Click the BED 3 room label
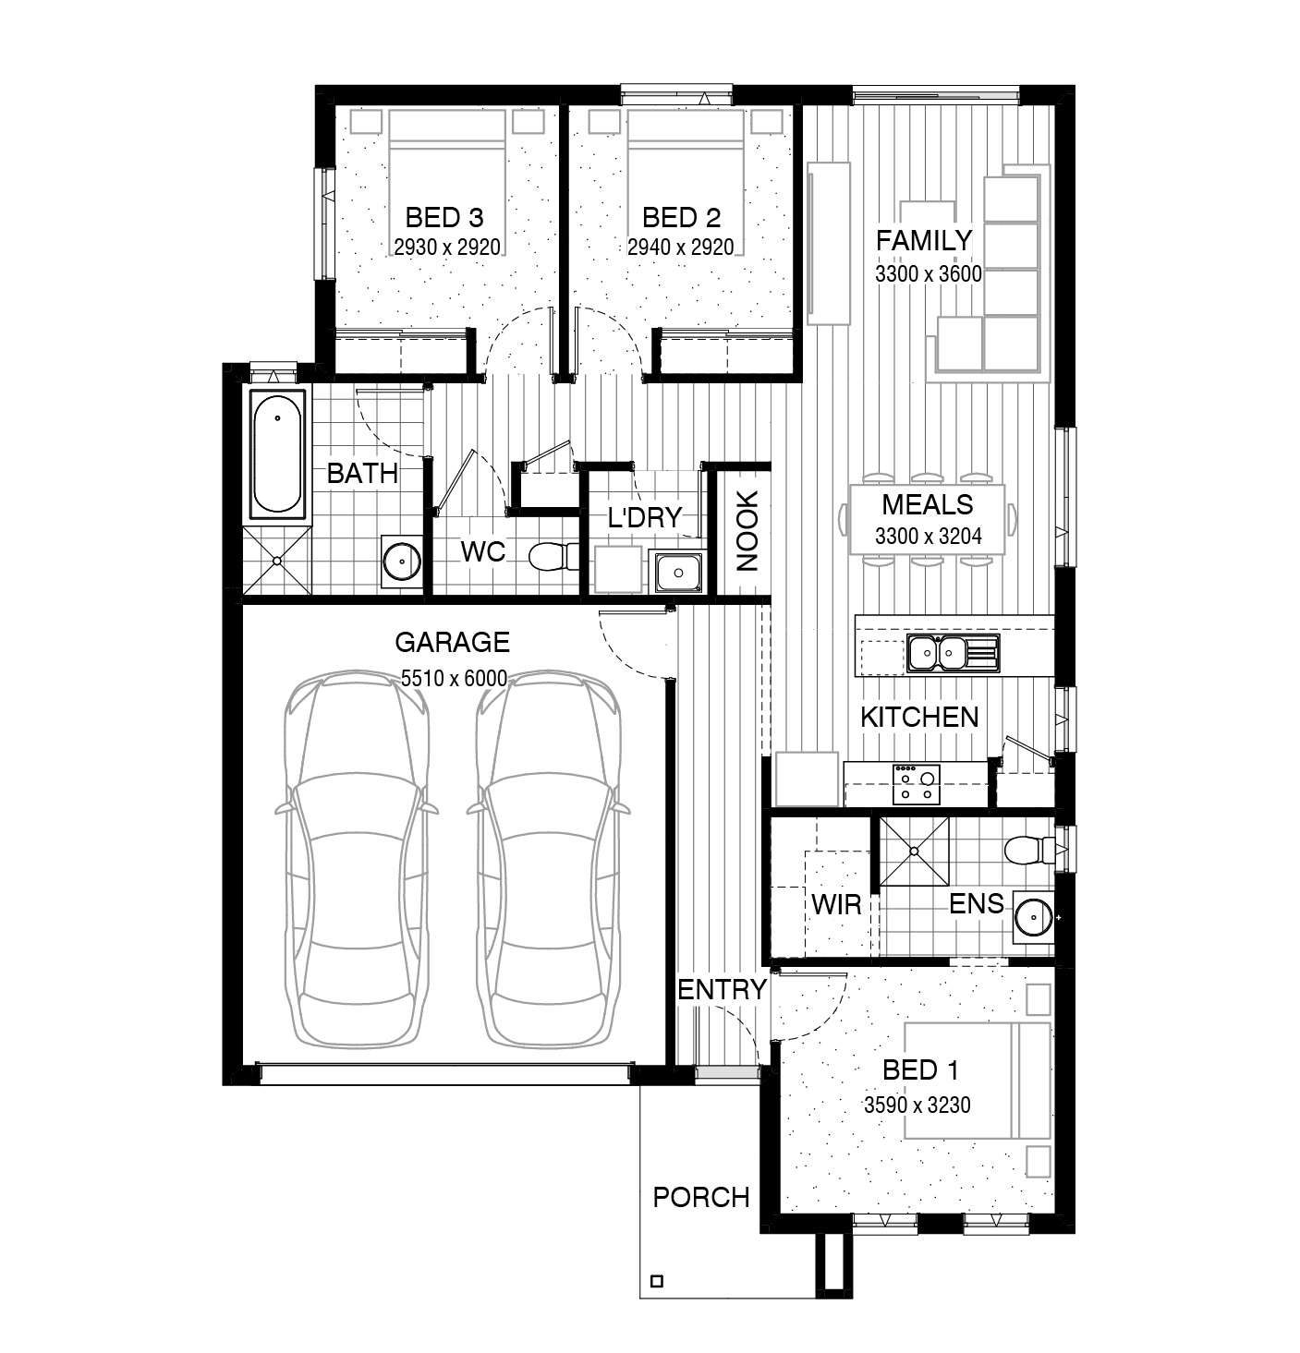click(x=443, y=218)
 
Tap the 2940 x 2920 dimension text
click(x=680, y=247)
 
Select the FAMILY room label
click(x=924, y=240)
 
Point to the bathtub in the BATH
click(x=277, y=454)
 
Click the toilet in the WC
click(x=553, y=556)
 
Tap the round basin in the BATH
click(x=401, y=561)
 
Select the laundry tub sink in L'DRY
click(x=677, y=572)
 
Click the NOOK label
click(x=747, y=531)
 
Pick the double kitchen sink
click(x=953, y=653)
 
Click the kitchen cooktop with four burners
click(x=916, y=784)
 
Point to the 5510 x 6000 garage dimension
click(x=454, y=678)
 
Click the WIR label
click(x=836, y=904)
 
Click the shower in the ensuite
click(x=914, y=851)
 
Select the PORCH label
click(x=701, y=1197)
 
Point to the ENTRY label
click(x=722, y=989)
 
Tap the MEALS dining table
click(x=927, y=519)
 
